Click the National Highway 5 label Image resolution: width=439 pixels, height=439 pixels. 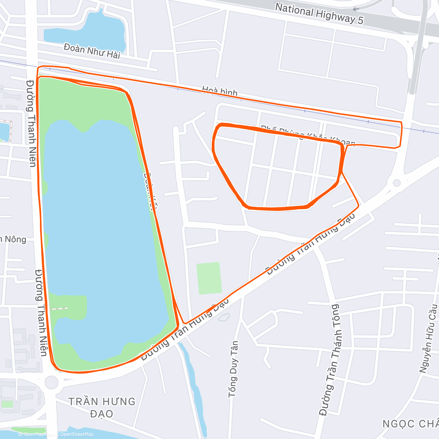(319, 13)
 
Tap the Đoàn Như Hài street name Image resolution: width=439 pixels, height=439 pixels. (92, 51)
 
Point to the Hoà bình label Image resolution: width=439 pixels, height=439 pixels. (220, 91)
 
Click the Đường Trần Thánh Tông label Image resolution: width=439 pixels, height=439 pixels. (329, 360)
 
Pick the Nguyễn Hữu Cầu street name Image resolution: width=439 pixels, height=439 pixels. (428, 338)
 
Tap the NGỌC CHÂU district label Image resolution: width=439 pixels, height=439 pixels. (410, 424)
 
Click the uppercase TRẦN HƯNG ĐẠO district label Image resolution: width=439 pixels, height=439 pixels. (102, 407)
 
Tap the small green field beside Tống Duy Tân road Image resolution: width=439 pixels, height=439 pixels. (209, 278)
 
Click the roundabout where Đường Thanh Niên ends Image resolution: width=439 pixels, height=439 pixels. (51, 383)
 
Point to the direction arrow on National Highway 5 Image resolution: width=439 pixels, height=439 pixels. (356, 9)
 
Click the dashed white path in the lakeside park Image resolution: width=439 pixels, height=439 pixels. (60, 308)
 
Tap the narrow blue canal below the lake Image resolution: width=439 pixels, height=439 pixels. (192, 380)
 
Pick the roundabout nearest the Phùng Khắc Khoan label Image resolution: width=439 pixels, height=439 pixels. (396, 183)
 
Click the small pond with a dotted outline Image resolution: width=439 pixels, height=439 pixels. (4, 131)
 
